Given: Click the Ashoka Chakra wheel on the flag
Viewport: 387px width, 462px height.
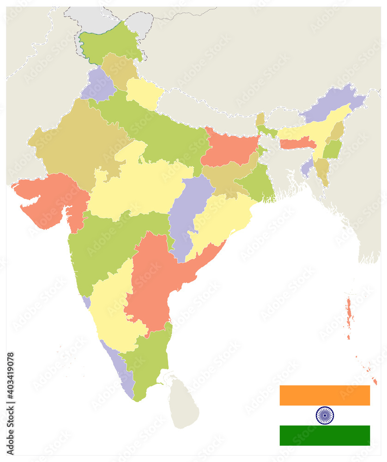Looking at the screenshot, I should click(x=325, y=415).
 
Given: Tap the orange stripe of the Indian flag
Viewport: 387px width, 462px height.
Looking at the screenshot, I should click(x=325, y=395).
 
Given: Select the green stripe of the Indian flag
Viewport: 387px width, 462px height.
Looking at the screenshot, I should click(x=325, y=435).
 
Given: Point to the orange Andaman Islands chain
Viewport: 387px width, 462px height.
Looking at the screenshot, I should click(x=349, y=314).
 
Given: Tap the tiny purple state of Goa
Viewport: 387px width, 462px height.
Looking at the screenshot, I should click(x=86, y=302).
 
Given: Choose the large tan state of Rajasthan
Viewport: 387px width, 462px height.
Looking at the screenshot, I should click(x=76, y=143).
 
